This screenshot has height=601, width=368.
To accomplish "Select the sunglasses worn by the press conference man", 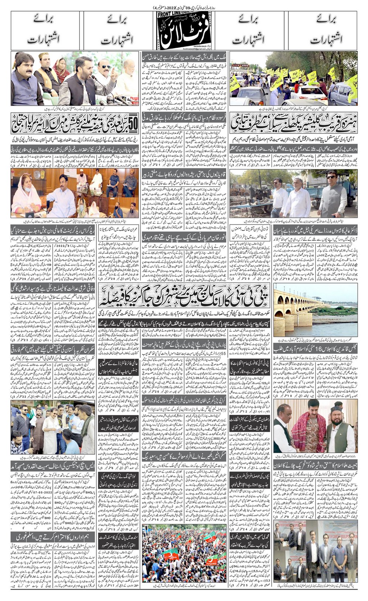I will (105, 67).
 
